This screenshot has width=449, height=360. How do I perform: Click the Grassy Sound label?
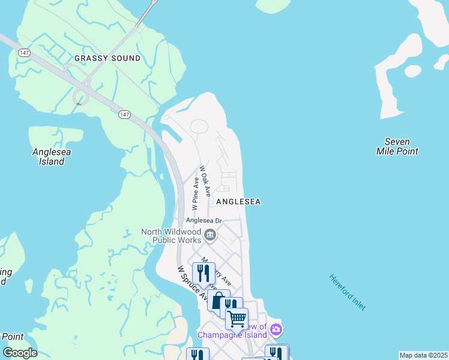(x=107, y=58)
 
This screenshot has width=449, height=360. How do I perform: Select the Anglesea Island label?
(x=51, y=157)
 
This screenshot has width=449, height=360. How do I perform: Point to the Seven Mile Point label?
(x=397, y=146)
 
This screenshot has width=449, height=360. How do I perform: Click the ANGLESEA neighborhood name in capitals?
(x=238, y=202)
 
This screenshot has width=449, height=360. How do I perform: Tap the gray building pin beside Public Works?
(x=210, y=235)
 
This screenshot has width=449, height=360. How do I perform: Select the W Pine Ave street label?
(x=195, y=193)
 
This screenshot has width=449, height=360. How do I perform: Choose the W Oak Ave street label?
(x=205, y=181)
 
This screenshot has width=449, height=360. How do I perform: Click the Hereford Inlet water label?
(x=347, y=292)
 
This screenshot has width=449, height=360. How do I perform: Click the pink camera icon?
(x=276, y=329)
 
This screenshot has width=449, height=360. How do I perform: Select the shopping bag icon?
(x=218, y=301)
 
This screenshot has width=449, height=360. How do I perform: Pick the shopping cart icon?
(x=237, y=318)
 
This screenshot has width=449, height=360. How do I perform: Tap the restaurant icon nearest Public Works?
(x=203, y=273)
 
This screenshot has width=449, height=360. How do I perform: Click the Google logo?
(x=20, y=352)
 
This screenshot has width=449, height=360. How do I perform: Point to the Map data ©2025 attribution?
(x=423, y=355)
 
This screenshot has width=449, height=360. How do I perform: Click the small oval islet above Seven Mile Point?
(x=412, y=71)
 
